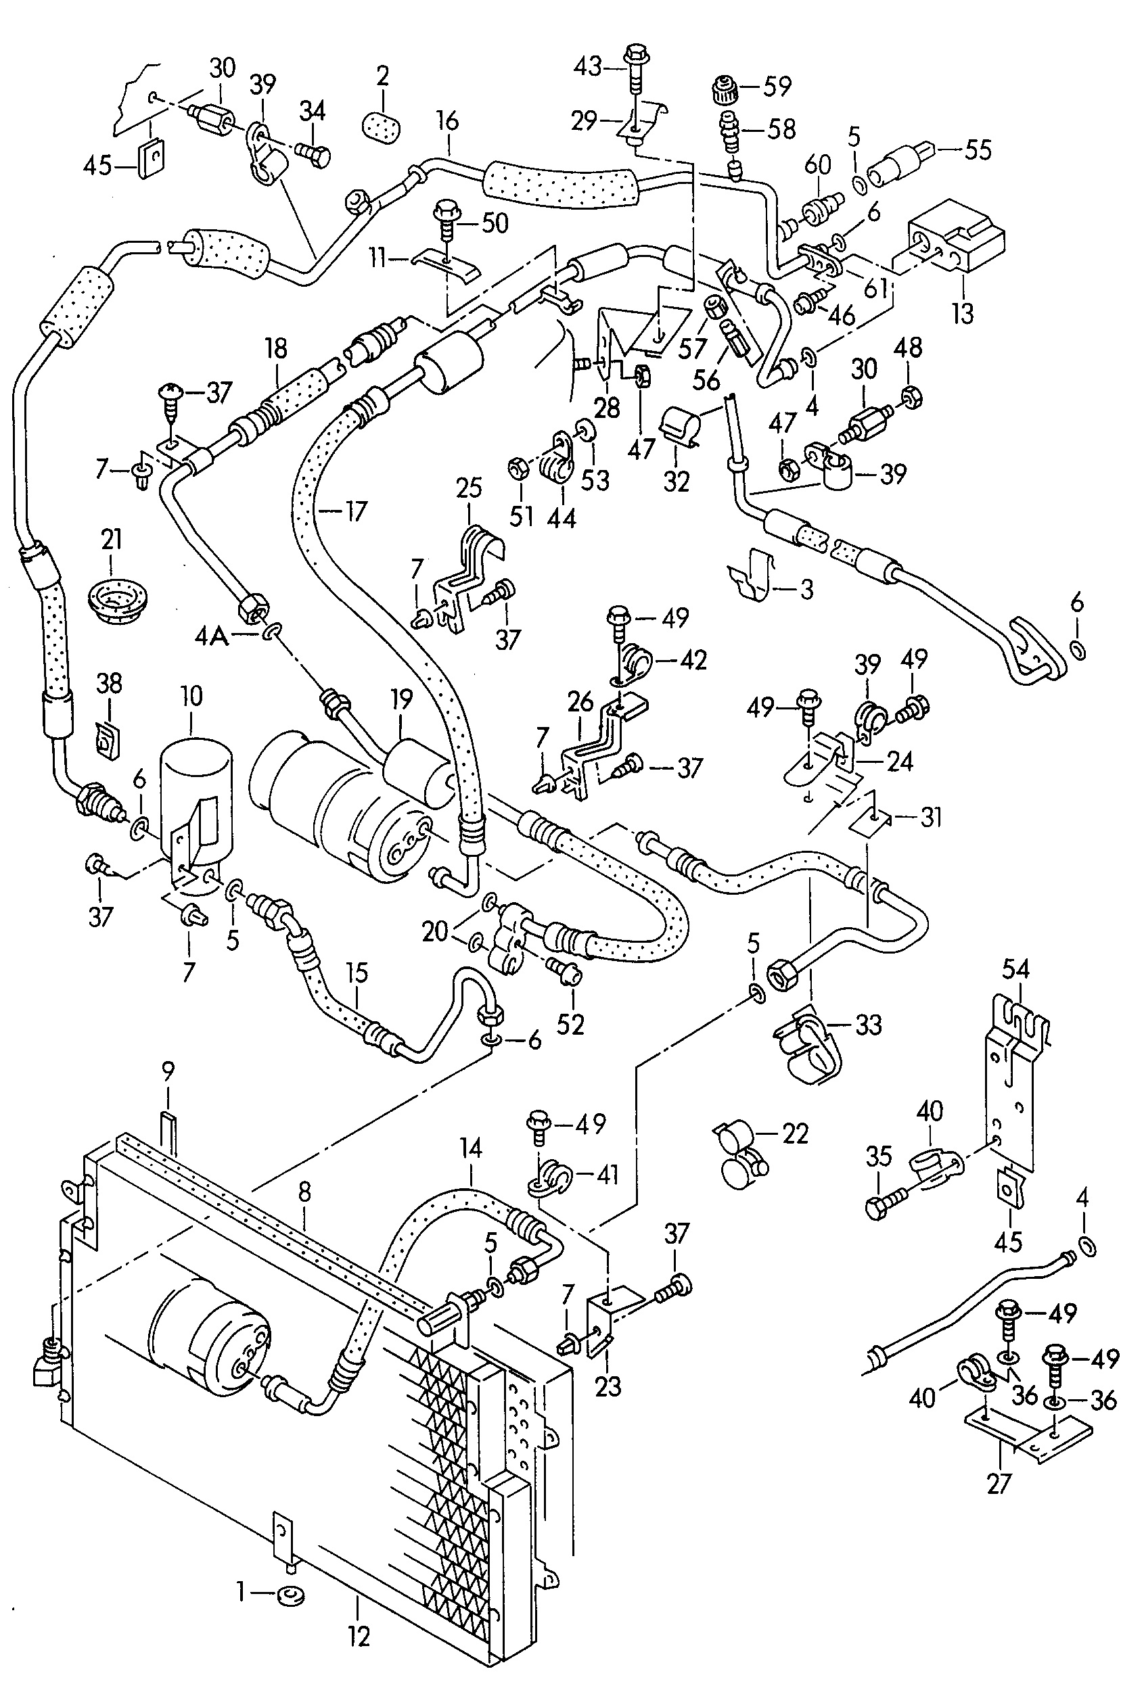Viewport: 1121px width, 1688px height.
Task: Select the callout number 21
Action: [x=112, y=539]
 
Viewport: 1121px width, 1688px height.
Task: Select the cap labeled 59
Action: [x=723, y=89]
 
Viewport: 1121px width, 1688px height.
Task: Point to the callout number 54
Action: [x=1015, y=969]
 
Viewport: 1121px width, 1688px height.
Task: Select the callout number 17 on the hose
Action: [x=355, y=511]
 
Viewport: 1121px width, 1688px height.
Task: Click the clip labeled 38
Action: [x=108, y=738]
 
